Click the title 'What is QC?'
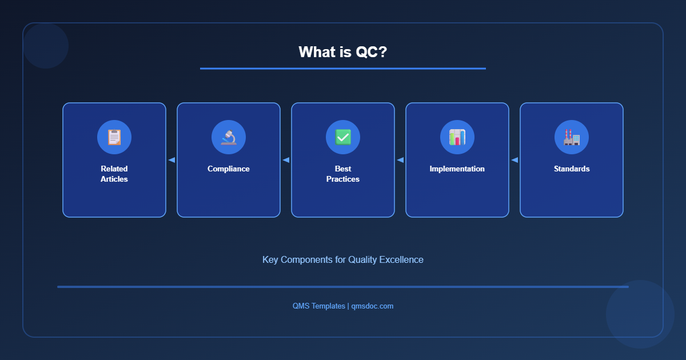click(343, 52)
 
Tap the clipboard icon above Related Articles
click(114, 137)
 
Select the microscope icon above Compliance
click(229, 137)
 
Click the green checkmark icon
click(343, 137)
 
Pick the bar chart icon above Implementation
click(457, 137)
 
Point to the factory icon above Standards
click(572, 137)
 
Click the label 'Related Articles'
click(114, 174)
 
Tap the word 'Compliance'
click(229, 169)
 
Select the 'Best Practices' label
click(343, 174)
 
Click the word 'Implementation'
click(457, 169)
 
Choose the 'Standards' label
click(572, 169)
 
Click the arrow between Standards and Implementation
click(514, 160)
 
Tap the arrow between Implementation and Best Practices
click(400, 160)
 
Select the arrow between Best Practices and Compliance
click(286, 160)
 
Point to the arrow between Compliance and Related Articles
click(171, 160)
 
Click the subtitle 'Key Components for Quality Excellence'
click(343, 259)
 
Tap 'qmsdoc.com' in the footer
click(372, 306)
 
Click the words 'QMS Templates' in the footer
click(318, 306)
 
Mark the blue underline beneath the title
click(343, 69)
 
